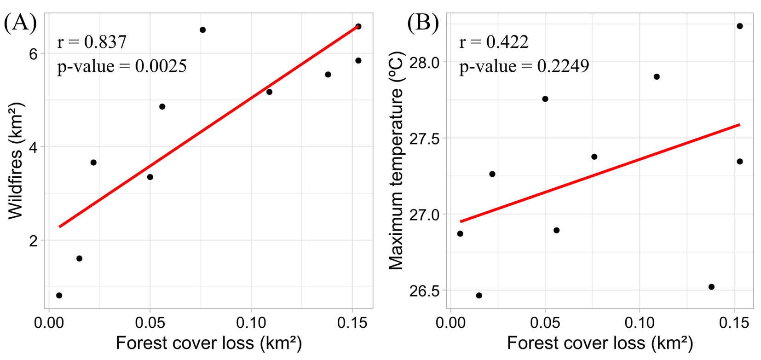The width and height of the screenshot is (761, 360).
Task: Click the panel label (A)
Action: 20,22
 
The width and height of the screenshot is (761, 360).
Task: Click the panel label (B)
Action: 423,22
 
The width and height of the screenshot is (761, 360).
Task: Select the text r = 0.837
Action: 92,42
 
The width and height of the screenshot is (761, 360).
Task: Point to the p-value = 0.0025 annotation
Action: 122,66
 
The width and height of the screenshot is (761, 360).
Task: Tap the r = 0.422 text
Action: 494,42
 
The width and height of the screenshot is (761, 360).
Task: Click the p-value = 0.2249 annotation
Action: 524,66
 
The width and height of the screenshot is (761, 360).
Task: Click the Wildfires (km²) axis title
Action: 16,161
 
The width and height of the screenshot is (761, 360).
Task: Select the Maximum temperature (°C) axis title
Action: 396,161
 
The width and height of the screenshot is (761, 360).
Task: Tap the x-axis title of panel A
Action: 208,343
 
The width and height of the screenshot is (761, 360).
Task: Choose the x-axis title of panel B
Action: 600,343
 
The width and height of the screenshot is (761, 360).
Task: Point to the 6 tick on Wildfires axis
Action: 33,54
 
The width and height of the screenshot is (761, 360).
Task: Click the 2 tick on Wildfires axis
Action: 33,241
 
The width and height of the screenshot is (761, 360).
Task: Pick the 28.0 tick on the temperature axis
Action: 424,62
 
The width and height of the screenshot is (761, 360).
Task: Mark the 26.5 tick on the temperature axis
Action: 424,291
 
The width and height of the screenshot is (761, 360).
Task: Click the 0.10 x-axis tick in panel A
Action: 251,323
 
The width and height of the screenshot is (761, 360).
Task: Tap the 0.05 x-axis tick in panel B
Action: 545,323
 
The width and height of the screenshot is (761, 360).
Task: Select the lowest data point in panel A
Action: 59,296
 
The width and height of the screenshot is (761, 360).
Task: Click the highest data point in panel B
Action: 740,26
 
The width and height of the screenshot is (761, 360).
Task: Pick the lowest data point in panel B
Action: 479,296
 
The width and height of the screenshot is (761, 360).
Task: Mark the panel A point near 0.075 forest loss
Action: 202,30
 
